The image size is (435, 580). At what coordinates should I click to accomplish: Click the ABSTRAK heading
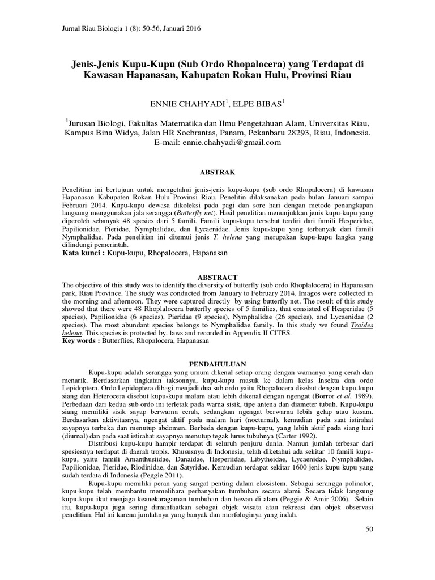click(x=218, y=171)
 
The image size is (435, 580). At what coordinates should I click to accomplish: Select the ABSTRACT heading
click(x=218, y=277)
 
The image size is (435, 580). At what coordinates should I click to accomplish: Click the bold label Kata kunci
click(x=82, y=254)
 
